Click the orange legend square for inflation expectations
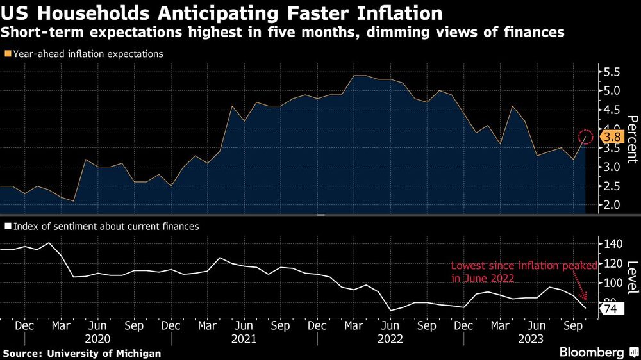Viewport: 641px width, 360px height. (7, 54)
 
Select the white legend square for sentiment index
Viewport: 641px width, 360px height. (7, 226)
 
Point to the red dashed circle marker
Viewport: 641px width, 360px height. (586, 136)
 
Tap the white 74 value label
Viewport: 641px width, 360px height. (610, 309)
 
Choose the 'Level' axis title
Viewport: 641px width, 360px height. (631, 274)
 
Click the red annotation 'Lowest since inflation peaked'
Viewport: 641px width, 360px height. (524, 265)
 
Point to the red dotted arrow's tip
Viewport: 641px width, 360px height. (586, 300)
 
